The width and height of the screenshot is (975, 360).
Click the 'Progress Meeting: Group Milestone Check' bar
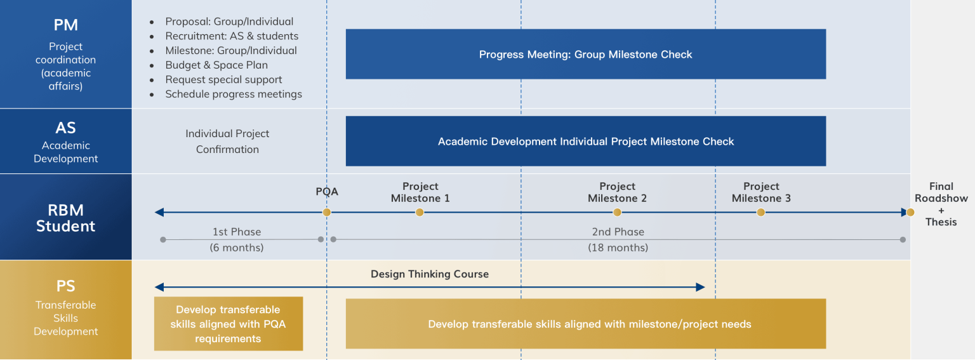586,54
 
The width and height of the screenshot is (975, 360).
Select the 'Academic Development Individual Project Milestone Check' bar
586,141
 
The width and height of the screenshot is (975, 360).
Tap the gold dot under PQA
327,213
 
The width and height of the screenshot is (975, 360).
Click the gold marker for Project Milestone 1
420,213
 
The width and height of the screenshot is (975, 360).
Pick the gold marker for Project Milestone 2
617,213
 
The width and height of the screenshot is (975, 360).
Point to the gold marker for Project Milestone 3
761,213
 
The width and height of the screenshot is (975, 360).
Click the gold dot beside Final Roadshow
910,213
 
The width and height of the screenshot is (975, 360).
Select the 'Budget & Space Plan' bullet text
216,65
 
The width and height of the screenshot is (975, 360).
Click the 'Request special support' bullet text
223,79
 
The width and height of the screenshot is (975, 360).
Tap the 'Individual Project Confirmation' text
227,142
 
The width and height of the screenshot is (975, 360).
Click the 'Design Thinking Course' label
430,274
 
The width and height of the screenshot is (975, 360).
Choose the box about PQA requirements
229,324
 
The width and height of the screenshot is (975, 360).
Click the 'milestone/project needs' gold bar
586,324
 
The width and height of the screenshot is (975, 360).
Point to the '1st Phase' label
237,232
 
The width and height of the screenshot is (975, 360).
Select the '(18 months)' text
618,248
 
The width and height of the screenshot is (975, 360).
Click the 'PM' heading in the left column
66,25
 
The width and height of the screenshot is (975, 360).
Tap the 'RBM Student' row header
66,218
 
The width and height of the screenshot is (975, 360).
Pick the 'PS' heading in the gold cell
66,286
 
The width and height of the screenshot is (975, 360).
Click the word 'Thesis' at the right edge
941,222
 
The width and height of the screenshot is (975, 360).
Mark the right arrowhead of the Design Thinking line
700,288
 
